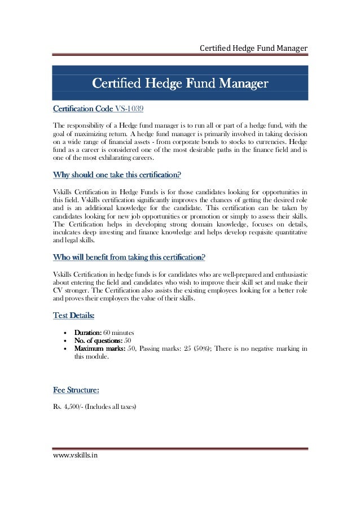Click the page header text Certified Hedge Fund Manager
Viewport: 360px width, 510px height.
[x=253, y=49]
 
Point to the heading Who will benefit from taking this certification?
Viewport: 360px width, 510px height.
[x=129, y=258]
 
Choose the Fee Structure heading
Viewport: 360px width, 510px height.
[x=76, y=390]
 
